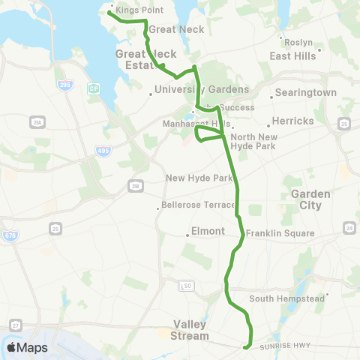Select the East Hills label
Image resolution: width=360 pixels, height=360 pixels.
click(291, 55)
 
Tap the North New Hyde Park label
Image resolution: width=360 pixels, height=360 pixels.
click(253, 141)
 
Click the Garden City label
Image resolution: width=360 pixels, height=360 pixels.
click(310, 199)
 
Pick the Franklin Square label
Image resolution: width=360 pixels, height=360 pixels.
click(280, 233)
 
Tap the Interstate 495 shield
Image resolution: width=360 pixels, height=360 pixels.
click(102, 151)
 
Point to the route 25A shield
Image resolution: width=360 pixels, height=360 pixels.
click(37, 122)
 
